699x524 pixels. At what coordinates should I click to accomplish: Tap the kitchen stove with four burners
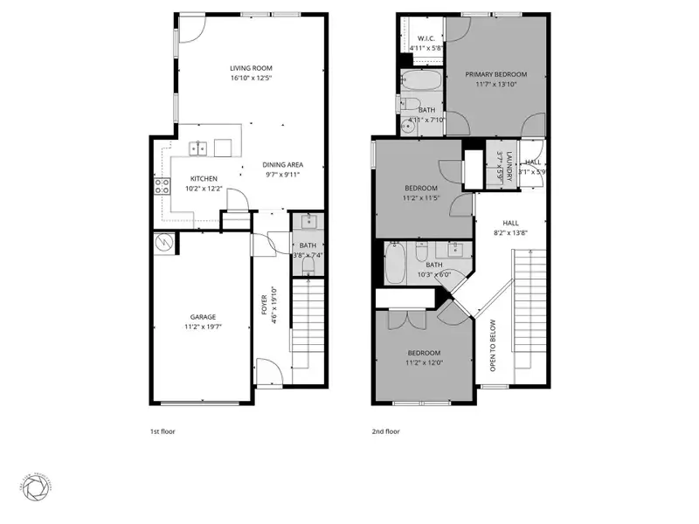pos(162,185)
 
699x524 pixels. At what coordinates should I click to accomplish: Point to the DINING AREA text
pos(282,164)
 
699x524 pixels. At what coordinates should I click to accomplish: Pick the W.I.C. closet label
pos(427,38)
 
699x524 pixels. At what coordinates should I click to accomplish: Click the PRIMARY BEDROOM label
pos(495,74)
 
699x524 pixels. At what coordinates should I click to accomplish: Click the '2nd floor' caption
pos(385,431)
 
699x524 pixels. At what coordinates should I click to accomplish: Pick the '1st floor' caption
pos(163,431)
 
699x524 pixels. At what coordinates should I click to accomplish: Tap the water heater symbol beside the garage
pos(161,242)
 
